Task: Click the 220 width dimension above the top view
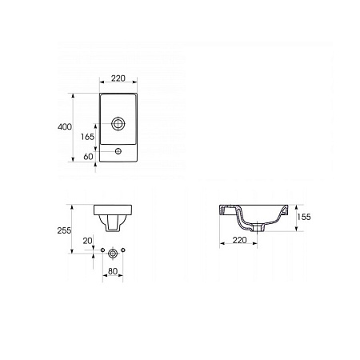[118, 78]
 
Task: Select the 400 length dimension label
[65, 126]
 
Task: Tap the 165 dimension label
[87, 137]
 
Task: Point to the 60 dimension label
[88, 157]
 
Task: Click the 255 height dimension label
[64, 230]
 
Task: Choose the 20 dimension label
[87, 241]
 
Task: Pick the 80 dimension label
[113, 271]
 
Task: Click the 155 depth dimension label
[304, 217]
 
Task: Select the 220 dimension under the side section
[239, 240]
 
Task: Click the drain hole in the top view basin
[118, 124]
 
